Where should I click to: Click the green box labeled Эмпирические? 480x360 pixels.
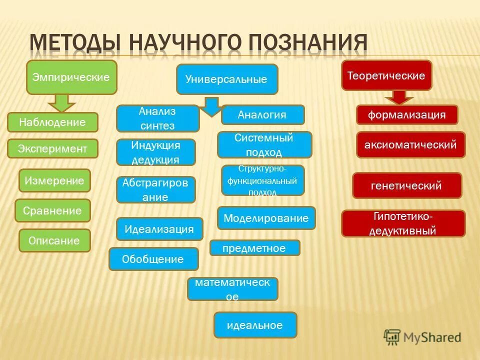[71, 77]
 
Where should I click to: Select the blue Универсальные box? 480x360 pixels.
[226, 79]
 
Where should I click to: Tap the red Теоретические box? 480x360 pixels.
[386, 75]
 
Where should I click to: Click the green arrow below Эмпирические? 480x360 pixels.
[61, 103]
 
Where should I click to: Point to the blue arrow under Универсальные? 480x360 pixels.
[212, 106]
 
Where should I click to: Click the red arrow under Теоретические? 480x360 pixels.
[399, 97]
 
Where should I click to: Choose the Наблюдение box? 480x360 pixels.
[52, 122]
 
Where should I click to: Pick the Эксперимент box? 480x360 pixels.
[52, 148]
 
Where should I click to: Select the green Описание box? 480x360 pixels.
[54, 240]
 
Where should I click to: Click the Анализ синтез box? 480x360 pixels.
[157, 118]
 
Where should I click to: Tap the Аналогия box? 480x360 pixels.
[262, 114]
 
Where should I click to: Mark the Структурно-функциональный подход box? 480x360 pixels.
[262, 180]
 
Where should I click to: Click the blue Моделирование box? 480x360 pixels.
[266, 218]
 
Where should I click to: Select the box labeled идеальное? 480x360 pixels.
[255, 325]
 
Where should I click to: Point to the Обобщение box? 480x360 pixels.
[153, 259]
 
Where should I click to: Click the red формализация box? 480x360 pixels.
[406, 114]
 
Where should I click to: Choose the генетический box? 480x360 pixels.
[407, 185]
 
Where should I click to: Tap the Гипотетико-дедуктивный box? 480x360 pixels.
[403, 223]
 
